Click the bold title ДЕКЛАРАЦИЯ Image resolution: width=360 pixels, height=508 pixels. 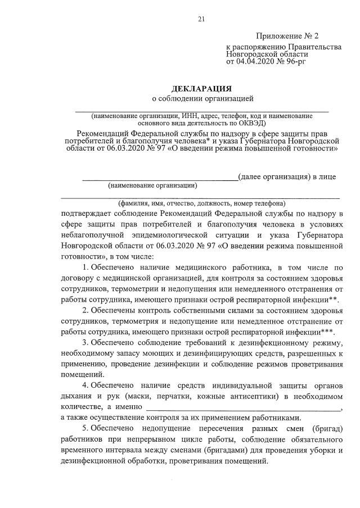point(201,89)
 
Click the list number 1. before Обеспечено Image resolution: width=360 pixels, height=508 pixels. point(85,267)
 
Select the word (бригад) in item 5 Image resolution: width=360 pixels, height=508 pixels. point(327,428)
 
